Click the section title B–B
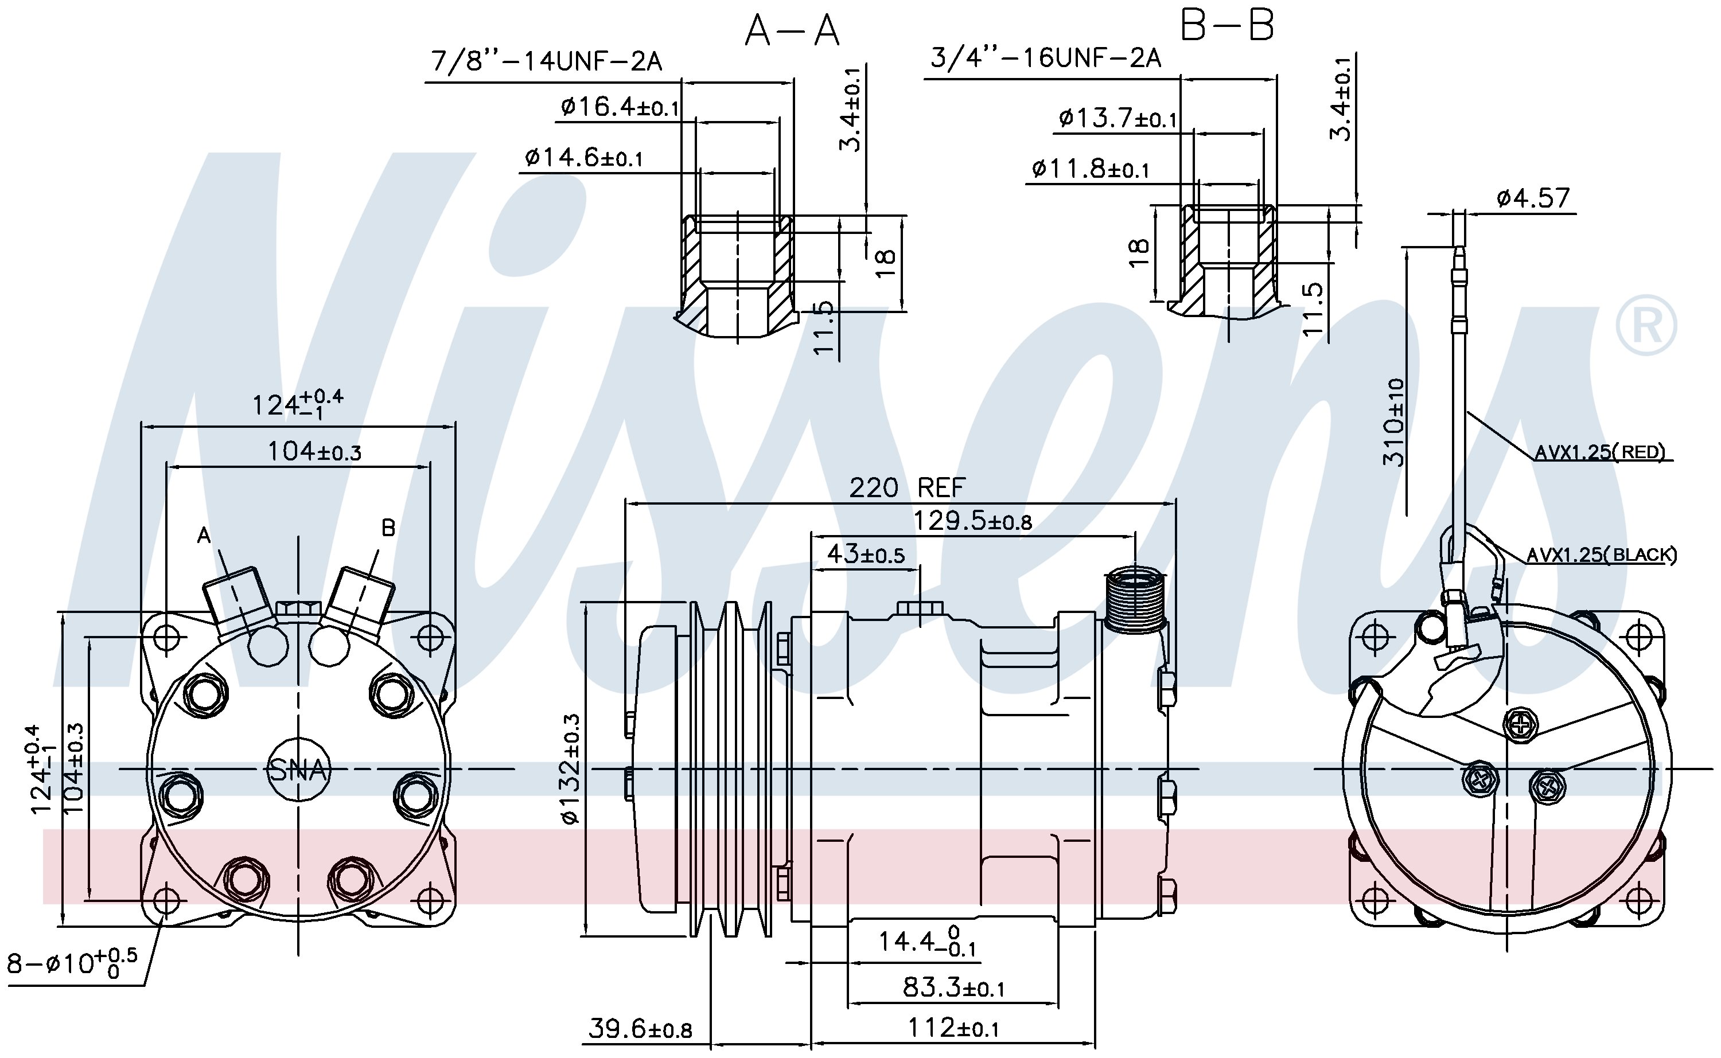tap(1228, 26)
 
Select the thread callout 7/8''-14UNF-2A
tap(547, 61)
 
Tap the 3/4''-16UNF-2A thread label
tap(1046, 57)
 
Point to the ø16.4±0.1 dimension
tap(620, 107)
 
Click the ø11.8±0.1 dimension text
tap(1090, 169)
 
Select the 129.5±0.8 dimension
tap(973, 521)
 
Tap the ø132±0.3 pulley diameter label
tap(570, 768)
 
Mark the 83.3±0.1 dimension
tap(953, 987)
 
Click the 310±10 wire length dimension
tap(1393, 422)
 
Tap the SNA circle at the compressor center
tap(299, 770)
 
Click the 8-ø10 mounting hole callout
tap(72, 963)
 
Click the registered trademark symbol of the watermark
tap(1646, 325)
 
